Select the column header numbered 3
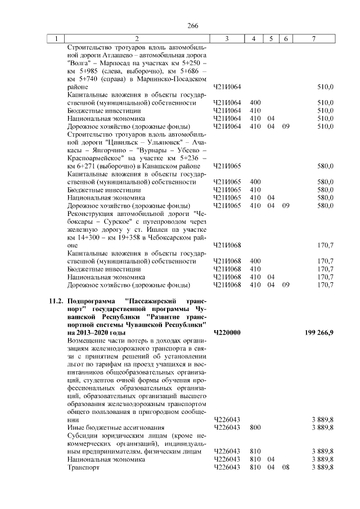coord(227,39)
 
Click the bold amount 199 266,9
coord(318,333)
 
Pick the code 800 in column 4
coord(255,427)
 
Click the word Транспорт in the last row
coord(83,467)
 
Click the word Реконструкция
coord(93,214)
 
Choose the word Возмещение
coord(88,341)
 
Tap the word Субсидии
coord(84,435)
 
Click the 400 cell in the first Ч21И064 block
coord(255,103)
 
